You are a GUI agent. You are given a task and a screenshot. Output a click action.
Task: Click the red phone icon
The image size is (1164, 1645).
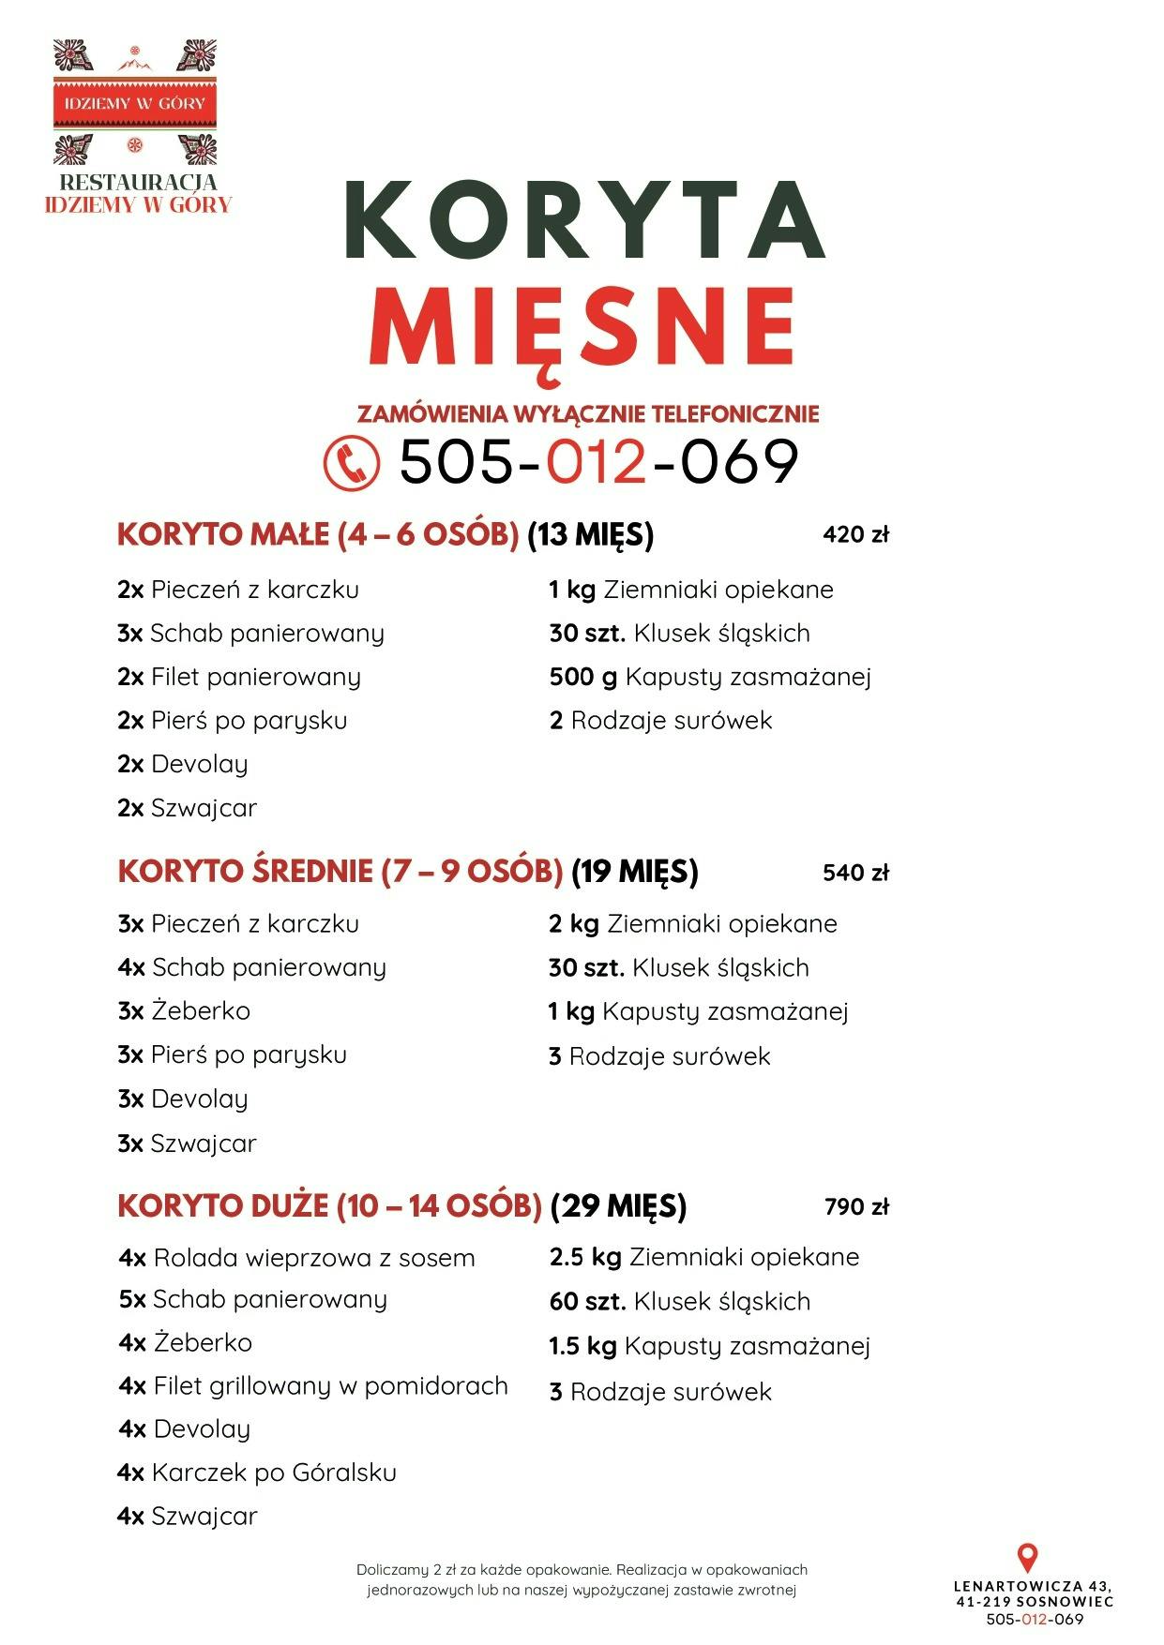352,462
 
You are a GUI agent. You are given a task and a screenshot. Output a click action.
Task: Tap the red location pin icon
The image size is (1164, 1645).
1028,1558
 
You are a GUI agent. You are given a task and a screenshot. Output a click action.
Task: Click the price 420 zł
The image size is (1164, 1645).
855,535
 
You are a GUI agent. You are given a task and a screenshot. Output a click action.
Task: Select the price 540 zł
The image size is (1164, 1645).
855,873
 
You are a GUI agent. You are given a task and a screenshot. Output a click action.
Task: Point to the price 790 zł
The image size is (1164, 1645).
856,1206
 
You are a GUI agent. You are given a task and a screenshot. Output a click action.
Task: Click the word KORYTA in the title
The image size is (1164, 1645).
585,220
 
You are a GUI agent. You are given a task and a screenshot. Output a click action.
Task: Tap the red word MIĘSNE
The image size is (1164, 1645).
583,328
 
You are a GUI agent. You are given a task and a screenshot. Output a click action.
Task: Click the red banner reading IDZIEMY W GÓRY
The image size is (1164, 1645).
135,103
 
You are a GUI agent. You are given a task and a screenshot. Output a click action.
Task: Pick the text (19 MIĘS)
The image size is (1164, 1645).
635,872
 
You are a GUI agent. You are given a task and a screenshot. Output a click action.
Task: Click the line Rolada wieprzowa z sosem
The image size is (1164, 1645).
296,1258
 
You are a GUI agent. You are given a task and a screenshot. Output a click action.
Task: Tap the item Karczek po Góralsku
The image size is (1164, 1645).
257,1473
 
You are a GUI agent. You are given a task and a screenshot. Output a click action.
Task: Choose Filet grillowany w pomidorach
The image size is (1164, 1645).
313,1385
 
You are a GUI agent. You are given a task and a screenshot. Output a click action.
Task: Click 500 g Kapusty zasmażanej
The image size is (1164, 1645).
710,677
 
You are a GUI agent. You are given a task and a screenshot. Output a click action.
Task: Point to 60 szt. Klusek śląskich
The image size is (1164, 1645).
680,1301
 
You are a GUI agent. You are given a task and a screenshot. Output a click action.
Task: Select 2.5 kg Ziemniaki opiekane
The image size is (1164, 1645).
704,1257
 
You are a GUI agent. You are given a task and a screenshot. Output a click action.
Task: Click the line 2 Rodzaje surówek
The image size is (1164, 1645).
661,721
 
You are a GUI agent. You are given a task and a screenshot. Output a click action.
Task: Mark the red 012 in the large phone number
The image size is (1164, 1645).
597,462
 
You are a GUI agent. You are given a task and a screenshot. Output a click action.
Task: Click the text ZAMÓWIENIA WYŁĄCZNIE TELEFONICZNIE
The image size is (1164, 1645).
588,413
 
